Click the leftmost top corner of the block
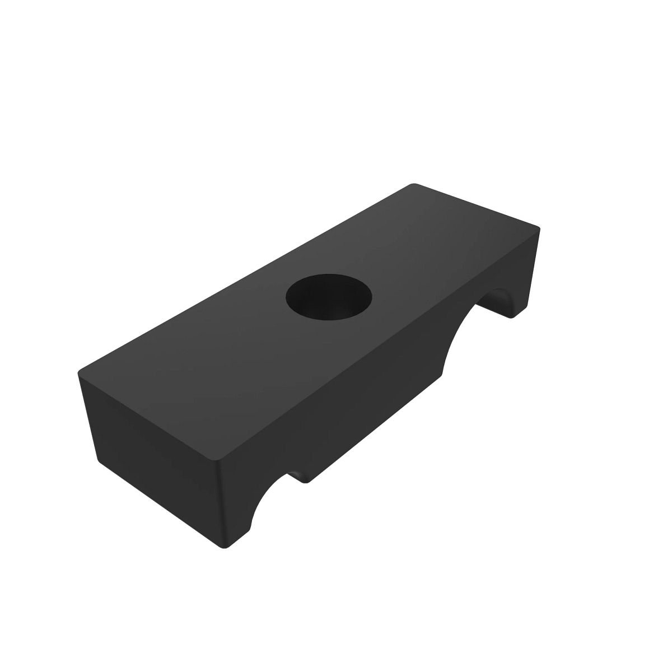80,371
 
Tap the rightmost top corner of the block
539,228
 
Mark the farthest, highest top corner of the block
413,184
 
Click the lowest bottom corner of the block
224,548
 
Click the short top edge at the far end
476,206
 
